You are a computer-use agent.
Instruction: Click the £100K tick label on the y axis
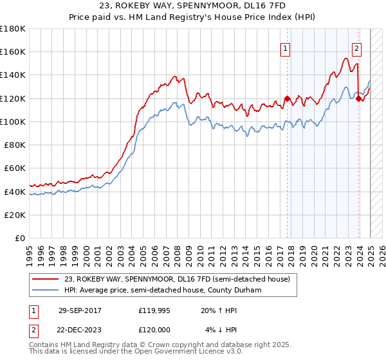(13, 122)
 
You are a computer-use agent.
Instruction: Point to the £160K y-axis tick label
(13, 51)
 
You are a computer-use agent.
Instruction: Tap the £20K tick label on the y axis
(15, 215)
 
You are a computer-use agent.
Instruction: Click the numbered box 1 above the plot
(285, 47)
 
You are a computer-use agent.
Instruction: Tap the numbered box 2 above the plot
(356, 47)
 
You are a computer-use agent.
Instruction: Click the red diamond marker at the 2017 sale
(287, 98)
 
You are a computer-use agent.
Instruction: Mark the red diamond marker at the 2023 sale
(358, 98)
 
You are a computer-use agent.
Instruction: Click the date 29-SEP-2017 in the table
(80, 310)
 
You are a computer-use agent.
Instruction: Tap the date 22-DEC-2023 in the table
(80, 329)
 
